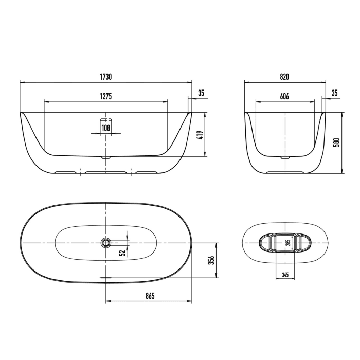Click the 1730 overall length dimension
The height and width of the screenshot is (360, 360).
(105, 77)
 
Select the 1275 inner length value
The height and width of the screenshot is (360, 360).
(105, 97)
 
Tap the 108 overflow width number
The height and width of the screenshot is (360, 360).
(105, 128)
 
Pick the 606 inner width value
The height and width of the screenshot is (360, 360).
(284, 97)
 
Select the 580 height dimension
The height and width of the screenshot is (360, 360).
(337, 142)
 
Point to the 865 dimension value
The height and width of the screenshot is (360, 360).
(149, 296)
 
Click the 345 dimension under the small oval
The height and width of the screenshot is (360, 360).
(284, 275)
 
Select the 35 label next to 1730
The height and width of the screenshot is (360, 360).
(201, 93)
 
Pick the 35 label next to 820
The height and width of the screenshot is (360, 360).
(334, 93)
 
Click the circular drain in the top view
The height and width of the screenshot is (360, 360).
(105, 242)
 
